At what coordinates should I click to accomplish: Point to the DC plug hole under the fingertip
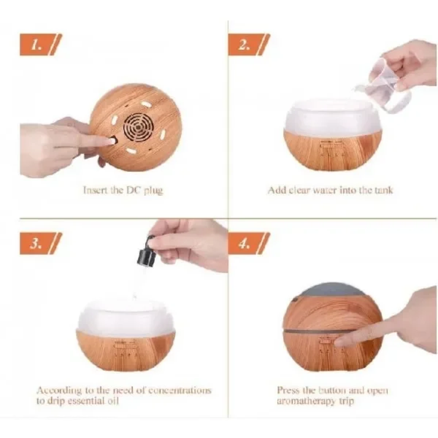click(x=114, y=139)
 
